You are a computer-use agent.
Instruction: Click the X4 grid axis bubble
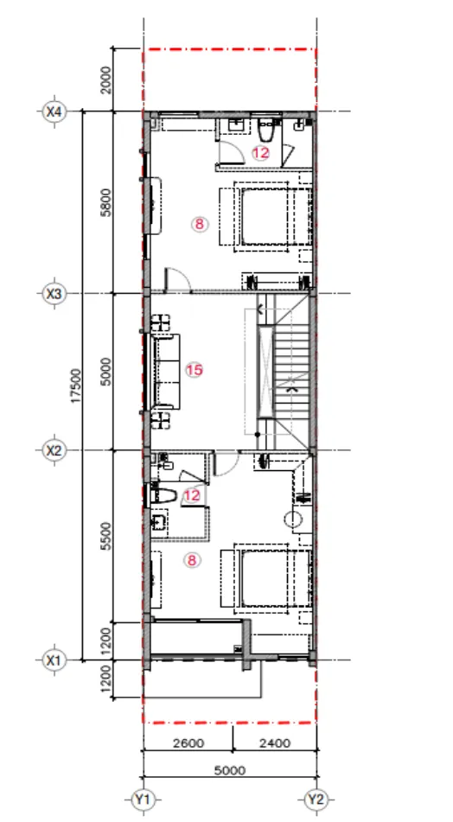(x=54, y=112)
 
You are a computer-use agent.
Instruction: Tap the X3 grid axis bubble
(x=54, y=294)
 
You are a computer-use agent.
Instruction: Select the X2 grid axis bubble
(x=54, y=450)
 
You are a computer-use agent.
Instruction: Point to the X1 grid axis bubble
(x=54, y=660)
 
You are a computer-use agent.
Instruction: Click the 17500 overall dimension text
(x=77, y=386)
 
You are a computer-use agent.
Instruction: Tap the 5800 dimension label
(x=107, y=202)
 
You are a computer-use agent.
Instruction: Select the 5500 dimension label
(x=107, y=536)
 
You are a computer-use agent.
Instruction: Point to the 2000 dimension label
(x=107, y=80)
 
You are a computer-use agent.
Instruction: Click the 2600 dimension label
(x=188, y=743)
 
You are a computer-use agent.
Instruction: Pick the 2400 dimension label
(x=274, y=743)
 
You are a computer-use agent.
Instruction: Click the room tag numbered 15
(x=194, y=370)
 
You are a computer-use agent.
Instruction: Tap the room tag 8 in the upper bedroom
(x=199, y=225)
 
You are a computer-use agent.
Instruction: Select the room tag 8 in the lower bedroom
(x=192, y=560)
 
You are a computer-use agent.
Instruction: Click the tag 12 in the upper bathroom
(x=260, y=153)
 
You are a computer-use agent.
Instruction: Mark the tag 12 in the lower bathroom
(x=193, y=495)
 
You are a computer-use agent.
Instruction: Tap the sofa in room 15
(x=166, y=372)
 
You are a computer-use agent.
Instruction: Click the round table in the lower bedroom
(x=294, y=519)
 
